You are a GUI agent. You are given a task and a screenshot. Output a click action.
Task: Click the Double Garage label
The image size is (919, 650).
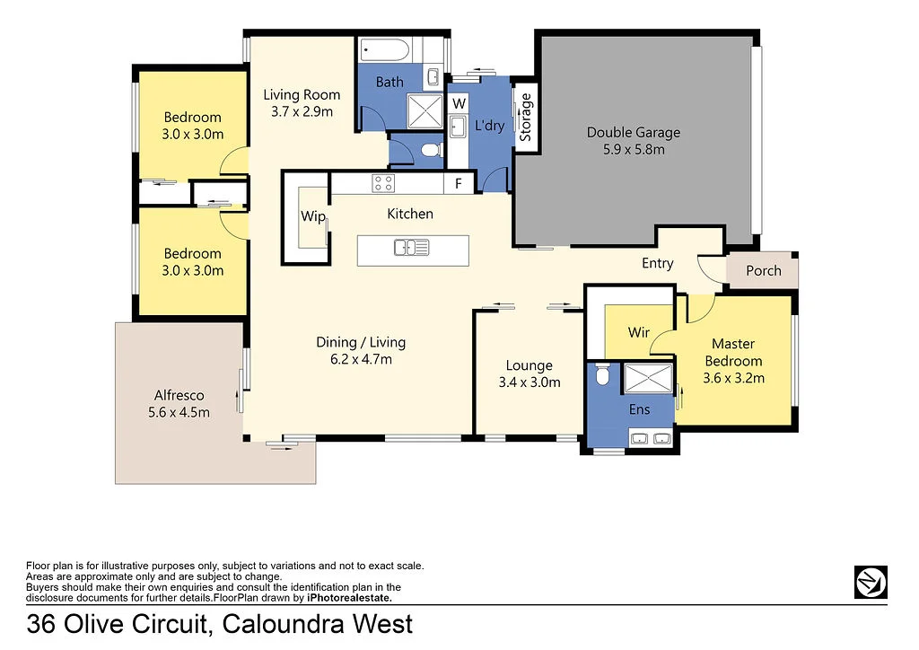633,141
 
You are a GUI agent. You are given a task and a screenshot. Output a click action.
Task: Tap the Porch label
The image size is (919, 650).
763,270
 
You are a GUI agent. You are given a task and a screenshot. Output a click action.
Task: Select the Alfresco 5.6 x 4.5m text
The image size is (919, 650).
179,404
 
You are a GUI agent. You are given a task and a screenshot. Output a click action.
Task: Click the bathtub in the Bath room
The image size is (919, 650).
384,49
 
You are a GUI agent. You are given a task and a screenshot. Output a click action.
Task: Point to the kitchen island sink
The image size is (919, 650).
413,247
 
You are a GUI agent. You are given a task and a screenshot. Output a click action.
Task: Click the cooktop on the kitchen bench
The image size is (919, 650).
383,183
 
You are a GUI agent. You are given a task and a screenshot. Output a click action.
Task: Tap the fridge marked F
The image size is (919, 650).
459,184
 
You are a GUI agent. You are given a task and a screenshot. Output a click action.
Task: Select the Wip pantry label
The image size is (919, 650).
313,216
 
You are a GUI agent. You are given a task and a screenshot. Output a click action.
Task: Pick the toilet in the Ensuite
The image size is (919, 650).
603,374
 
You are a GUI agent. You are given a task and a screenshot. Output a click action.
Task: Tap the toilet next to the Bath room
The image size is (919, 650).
429,150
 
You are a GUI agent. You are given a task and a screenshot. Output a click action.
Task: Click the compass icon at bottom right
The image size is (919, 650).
870,582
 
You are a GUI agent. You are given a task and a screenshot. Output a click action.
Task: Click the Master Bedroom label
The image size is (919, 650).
733,352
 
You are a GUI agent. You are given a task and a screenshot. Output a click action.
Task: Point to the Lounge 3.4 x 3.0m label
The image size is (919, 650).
529,373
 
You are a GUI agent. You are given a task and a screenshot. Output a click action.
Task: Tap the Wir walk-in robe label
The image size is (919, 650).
638,332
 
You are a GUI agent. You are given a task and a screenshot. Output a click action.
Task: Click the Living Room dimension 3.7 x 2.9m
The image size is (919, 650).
301,111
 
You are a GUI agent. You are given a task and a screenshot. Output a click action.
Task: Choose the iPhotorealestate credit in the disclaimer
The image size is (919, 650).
349,597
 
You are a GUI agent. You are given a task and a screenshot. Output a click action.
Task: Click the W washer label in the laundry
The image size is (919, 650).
459,103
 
